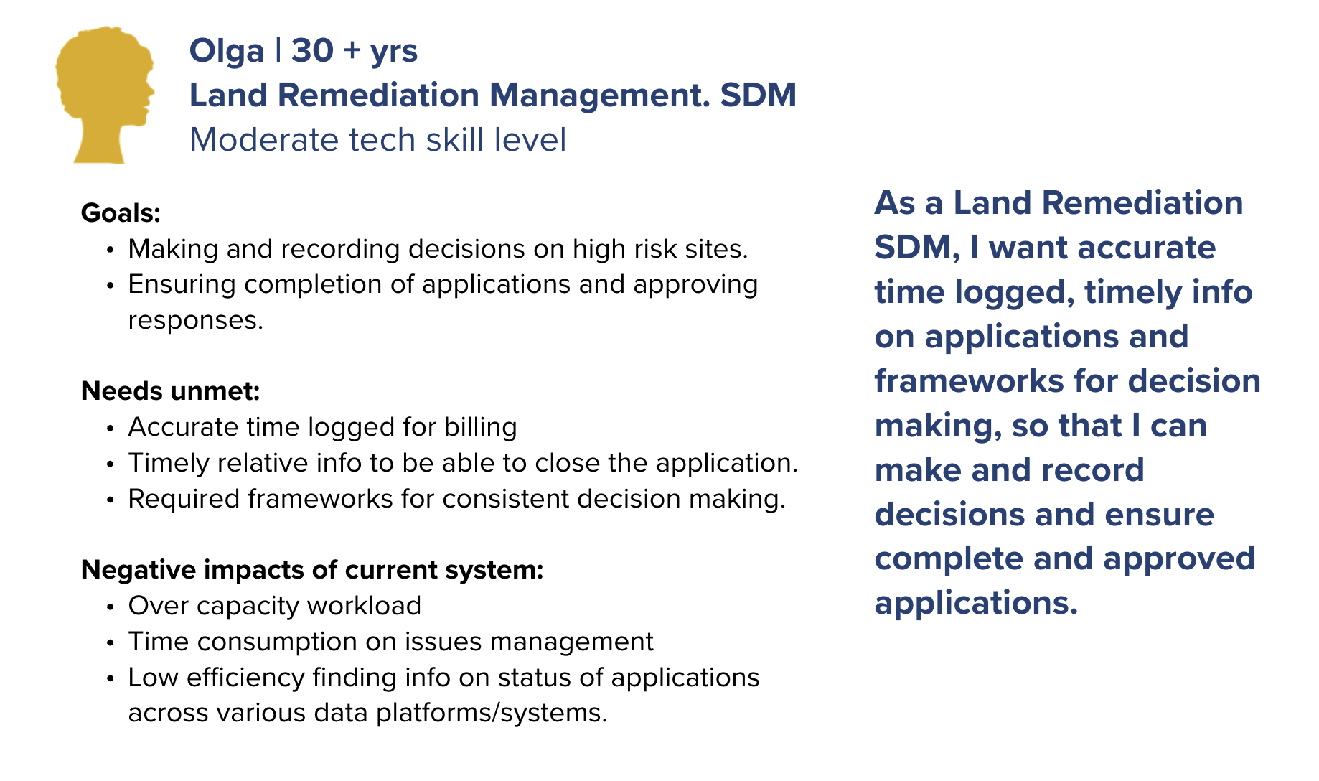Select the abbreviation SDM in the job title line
758,95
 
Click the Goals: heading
121,213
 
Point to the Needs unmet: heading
170,391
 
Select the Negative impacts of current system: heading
312,570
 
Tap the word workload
364,606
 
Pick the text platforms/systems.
492,713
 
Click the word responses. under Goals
196,321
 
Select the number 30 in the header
312,50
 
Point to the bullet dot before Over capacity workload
110,607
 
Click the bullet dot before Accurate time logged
110,429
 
